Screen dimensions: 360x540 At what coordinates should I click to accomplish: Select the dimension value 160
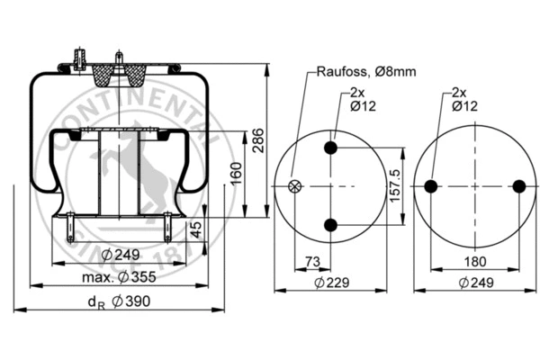(x=237, y=171)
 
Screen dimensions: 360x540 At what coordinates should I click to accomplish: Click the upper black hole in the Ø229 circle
(x=332, y=148)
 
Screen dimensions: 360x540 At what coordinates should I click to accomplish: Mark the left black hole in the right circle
(x=431, y=186)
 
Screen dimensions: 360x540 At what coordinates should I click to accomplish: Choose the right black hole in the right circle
(x=518, y=186)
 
